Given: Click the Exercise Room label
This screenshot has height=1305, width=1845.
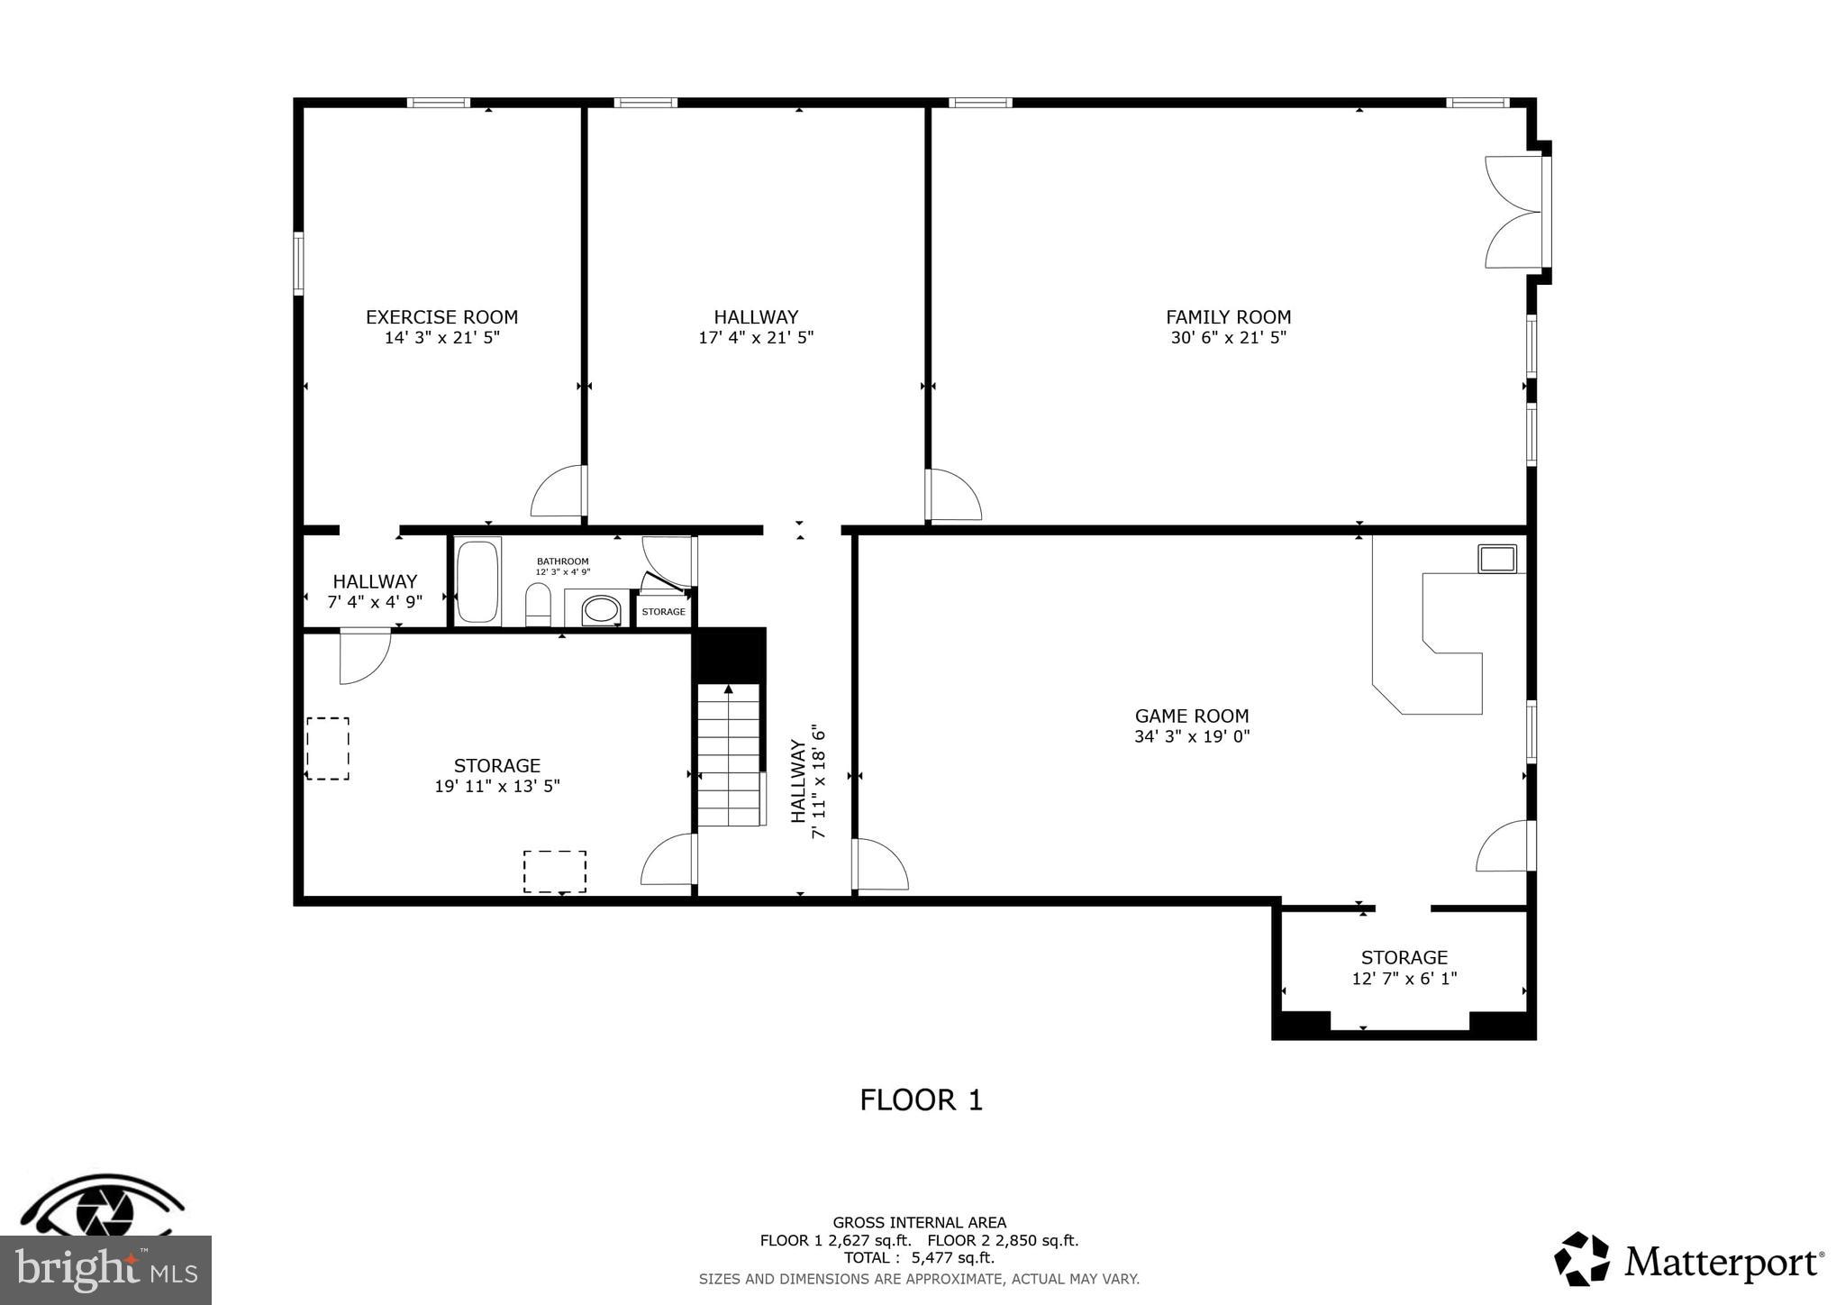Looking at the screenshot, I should pyautogui.click(x=441, y=317).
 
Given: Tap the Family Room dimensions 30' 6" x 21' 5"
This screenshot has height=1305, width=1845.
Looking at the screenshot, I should pyautogui.click(x=1228, y=338).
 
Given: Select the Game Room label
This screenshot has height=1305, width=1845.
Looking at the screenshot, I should pyautogui.click(x=1191, y=716).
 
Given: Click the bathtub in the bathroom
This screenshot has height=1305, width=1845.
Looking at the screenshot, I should pyautogui.click(x=477, y=581).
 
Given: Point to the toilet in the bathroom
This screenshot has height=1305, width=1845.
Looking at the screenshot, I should pyautogui.click(x=538, y=604).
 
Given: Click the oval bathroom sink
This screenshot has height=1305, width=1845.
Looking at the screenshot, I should pyautogui.click(x=600, y=610).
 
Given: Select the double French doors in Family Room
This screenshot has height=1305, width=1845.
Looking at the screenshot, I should pyautogui.click(x=1513, y=213).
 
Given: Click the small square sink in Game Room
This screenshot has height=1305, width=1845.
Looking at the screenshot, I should pyautogui.click(x=1496, y=559).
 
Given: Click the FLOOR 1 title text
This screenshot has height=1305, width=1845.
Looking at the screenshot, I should pyautogui.click(x=921, y=1100).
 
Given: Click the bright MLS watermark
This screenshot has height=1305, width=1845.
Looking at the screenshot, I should pyautogui.click(x=105, y=1270).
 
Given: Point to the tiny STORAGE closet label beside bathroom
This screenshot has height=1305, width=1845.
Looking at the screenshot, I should pyautogui.click(x=663, y=612).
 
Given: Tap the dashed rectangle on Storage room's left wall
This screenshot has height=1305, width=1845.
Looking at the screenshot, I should pyautogui.click(x=328, y=748).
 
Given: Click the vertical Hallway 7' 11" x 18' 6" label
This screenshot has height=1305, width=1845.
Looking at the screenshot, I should pyautogui.click(x=808, y=780).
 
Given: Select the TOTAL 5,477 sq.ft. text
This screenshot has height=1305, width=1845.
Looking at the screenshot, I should pyautogui.click(x=919, y=1258).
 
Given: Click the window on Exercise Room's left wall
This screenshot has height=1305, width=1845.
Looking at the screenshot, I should pyautogui.click(x=298, y=263).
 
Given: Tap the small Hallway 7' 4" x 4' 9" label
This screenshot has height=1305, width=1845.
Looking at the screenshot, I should pyautogui.click(x=375, y=592).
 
